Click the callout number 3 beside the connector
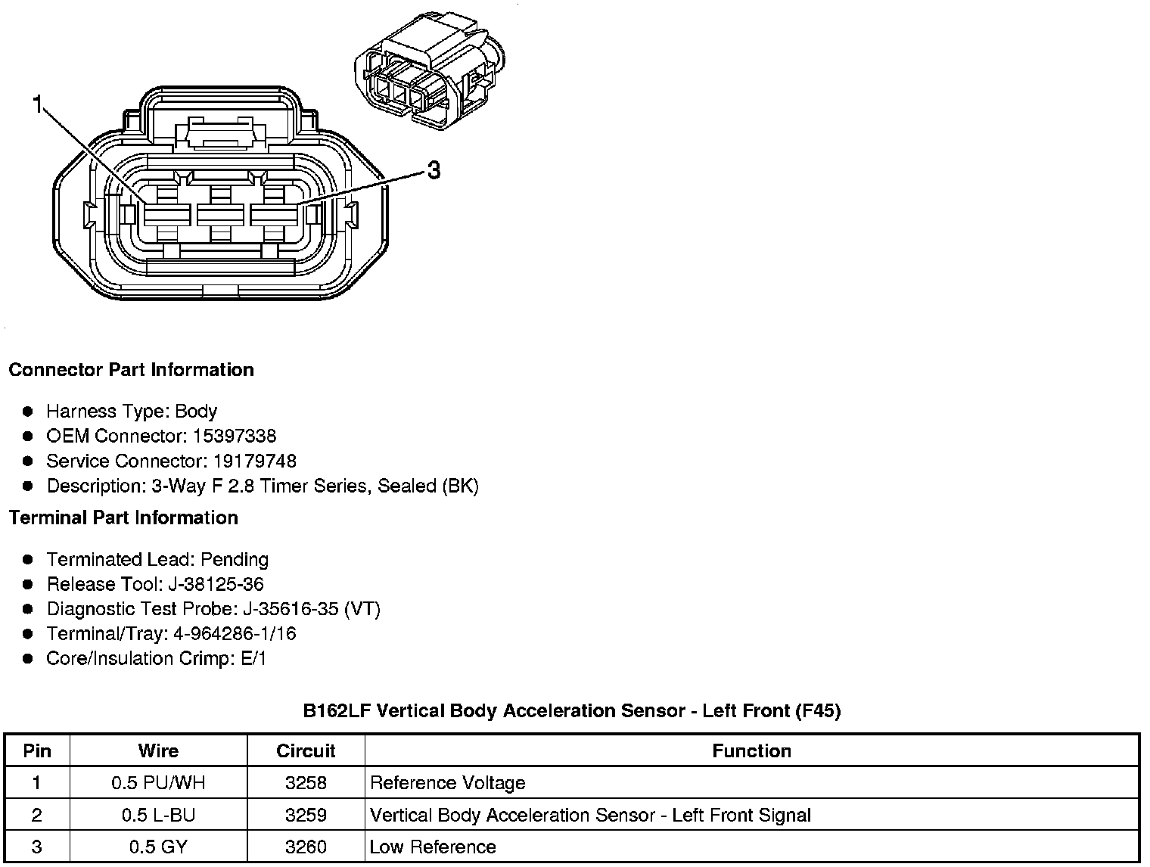coord(434,171)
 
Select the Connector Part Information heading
coord(131,370)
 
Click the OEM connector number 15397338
coord(235,437)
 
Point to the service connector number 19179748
coord(254,461)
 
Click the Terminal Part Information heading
coord(123,518)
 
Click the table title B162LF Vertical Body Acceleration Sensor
coord(572,711)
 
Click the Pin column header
coord(37,751)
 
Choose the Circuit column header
coord(306,751)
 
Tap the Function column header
coord(751,751)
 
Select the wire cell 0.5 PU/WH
coord(158,783)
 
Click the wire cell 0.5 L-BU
coord(158,816)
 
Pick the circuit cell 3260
coord(306,847)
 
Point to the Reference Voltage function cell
coord(447,783)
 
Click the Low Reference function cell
coord(433,847)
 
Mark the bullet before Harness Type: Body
coord(28,412)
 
